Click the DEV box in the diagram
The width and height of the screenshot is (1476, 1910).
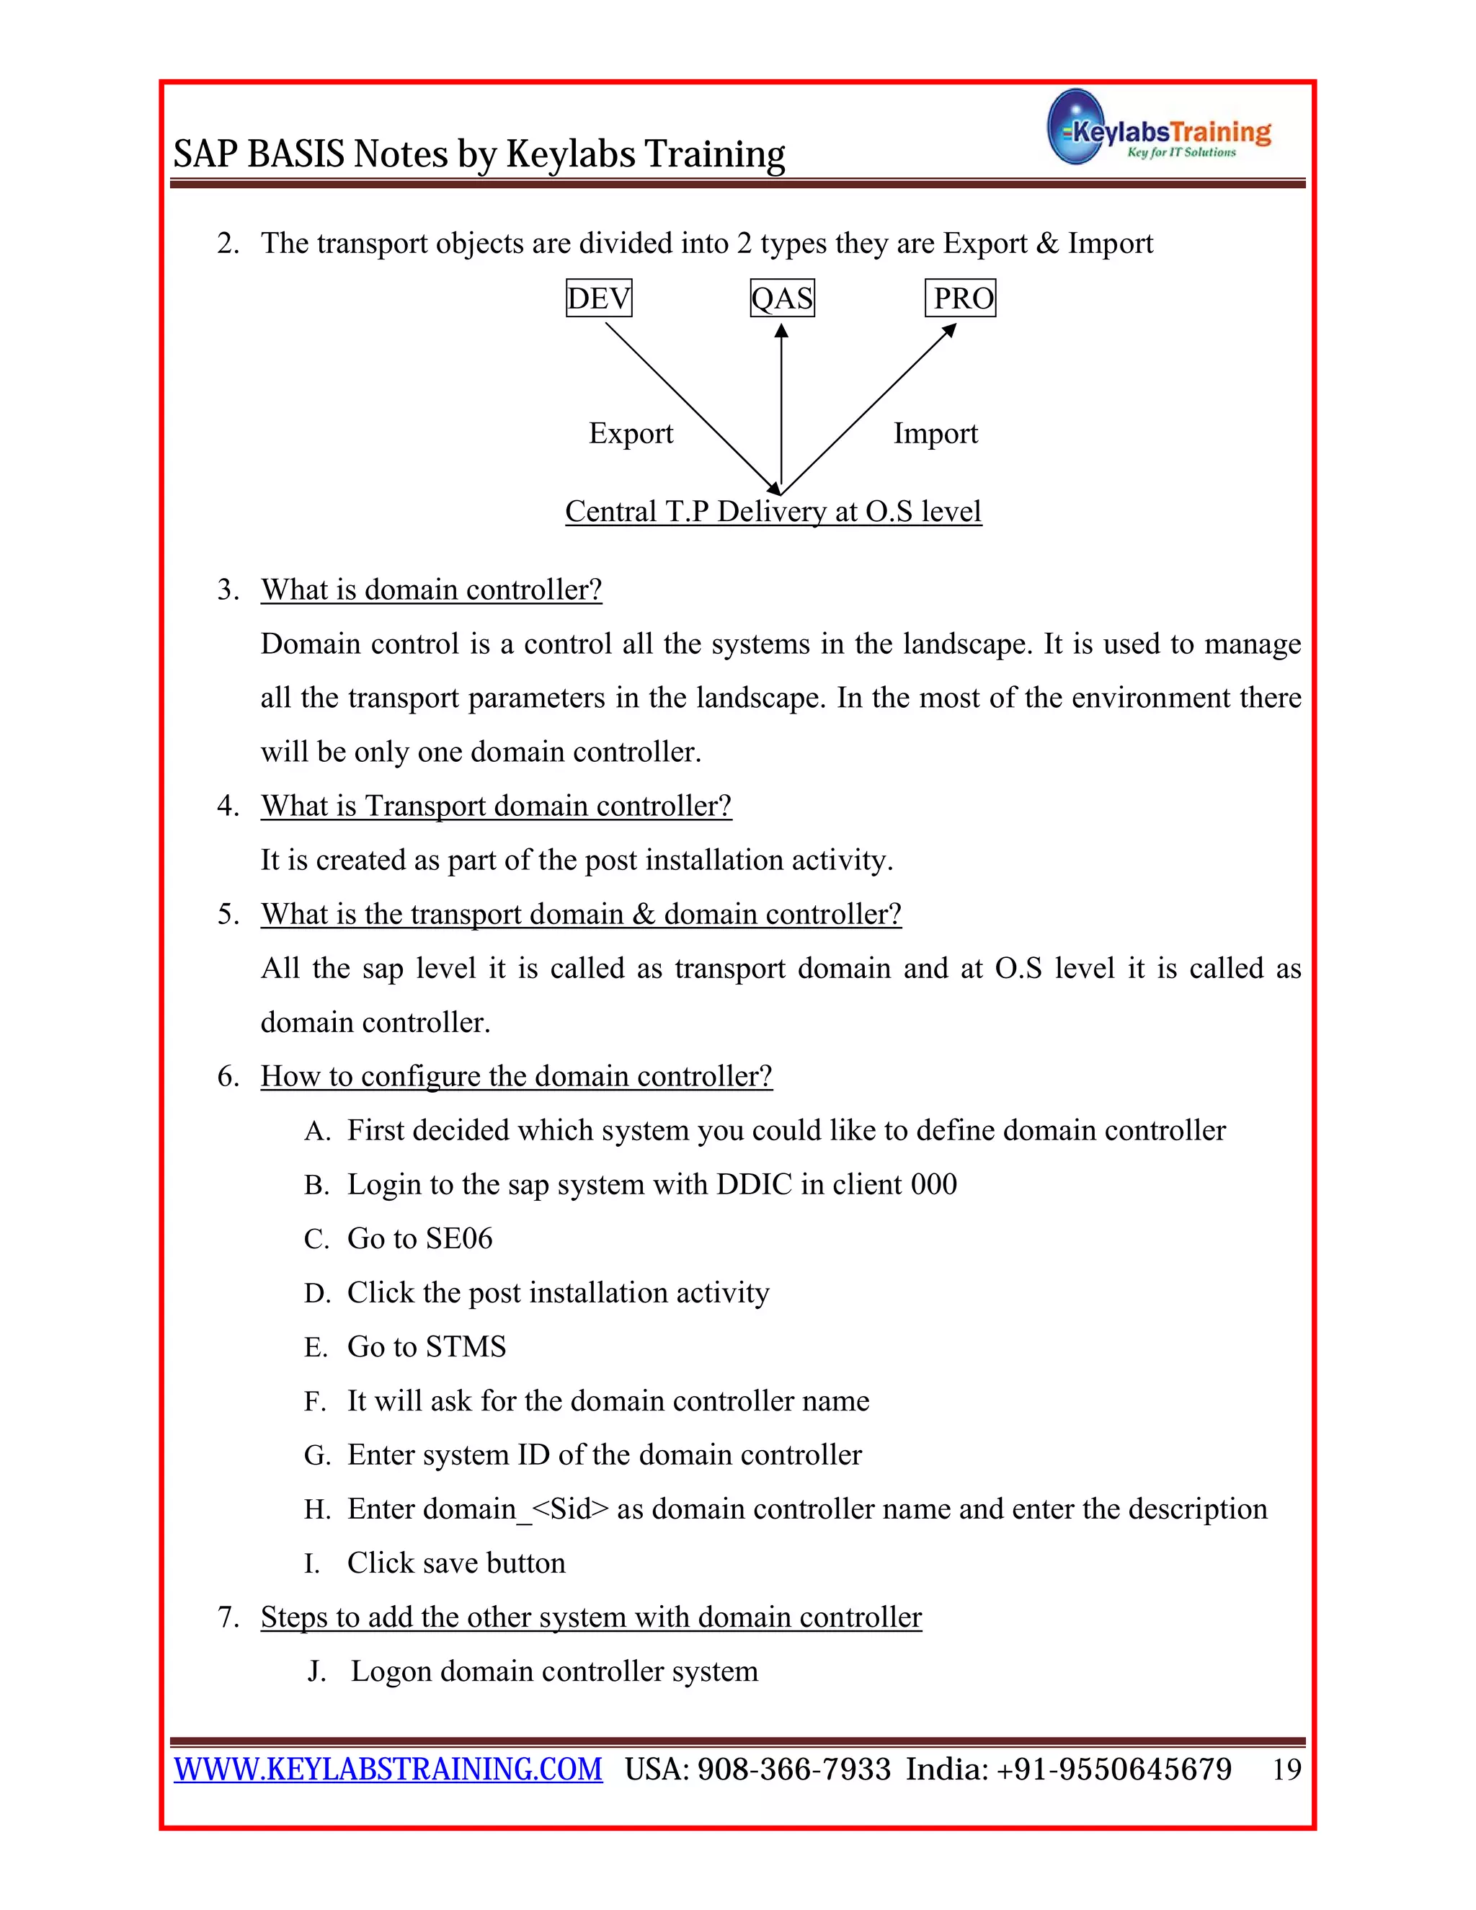click(599, 298)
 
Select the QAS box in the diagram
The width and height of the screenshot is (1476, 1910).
click(782, 298)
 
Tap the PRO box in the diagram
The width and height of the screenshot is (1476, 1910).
click(960, 298)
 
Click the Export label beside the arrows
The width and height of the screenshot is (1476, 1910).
click(631, 433)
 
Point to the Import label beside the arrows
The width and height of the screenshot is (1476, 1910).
click(935, 433)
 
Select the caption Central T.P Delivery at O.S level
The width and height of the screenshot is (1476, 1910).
click(773, 511)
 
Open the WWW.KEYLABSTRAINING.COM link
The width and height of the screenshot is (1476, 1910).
click(388, 1769)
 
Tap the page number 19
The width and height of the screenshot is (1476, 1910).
click(1286, 1770)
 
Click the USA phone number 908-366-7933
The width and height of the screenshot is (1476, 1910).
click(794, 1769)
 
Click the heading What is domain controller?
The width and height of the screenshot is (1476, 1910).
click(431, 590)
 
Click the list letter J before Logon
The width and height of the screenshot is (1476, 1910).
click(316, 1671)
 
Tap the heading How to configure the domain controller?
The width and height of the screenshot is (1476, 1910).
click(516, 1075)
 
